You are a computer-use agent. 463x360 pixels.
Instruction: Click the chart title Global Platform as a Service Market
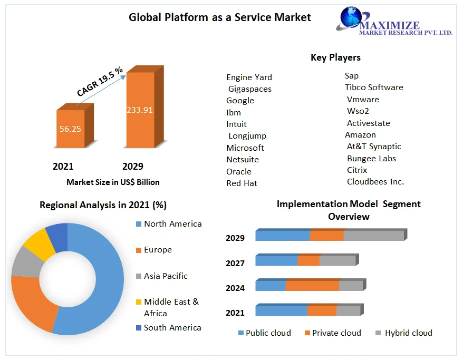pos(220,17)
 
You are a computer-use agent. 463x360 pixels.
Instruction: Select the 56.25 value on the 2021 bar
pos(70,129)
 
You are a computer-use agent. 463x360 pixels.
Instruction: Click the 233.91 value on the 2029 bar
pos(139,110)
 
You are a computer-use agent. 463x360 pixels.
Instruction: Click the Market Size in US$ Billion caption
pos(113,182)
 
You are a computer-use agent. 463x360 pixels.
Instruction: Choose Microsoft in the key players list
pos(245,148)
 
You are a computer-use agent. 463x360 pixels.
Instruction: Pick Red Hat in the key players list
pos(242,183)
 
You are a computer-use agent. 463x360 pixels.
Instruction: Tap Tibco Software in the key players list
pos(374,87)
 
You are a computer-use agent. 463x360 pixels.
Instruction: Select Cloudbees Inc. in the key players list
pos(375,181)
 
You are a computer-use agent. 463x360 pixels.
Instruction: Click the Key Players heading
pos(335,57)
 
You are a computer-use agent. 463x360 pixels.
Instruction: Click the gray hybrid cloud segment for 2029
pos(373,236)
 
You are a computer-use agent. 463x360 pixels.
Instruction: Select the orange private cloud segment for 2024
pos(312,286)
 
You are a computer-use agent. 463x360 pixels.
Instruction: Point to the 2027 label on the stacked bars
pos(235,263)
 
